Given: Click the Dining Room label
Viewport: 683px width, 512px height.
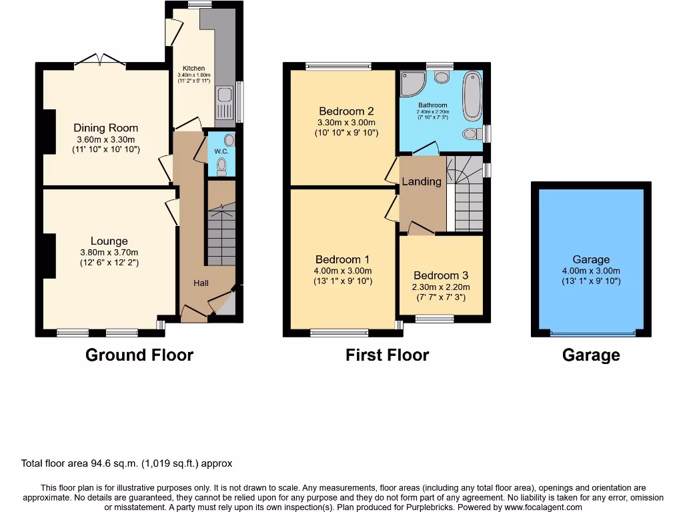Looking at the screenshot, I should click(106, 128).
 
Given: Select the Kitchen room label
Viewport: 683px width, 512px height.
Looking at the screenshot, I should click(193, 69).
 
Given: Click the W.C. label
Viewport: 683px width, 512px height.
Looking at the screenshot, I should click(221, 151).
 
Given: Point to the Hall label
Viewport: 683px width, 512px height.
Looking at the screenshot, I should click(201, 283).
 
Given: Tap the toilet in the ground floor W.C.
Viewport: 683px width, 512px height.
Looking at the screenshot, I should click(222, 167).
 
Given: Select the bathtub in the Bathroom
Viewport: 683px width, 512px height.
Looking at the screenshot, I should click(472, 95).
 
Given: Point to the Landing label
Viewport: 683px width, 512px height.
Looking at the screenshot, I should click(422, 181).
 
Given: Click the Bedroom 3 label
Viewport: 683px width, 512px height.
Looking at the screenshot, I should click(441, 275).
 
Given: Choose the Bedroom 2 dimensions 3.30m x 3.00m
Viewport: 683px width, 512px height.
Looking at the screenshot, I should click(346, 123).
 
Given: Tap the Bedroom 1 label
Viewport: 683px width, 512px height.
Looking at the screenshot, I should click(343, 259).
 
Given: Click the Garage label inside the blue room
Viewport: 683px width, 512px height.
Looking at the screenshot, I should click(591, 259).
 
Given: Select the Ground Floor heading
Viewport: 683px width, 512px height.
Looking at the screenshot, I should click(139, 355).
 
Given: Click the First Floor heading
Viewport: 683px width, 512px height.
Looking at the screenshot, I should click(387, 355).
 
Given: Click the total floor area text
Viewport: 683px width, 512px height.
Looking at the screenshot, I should click(127, 463).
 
